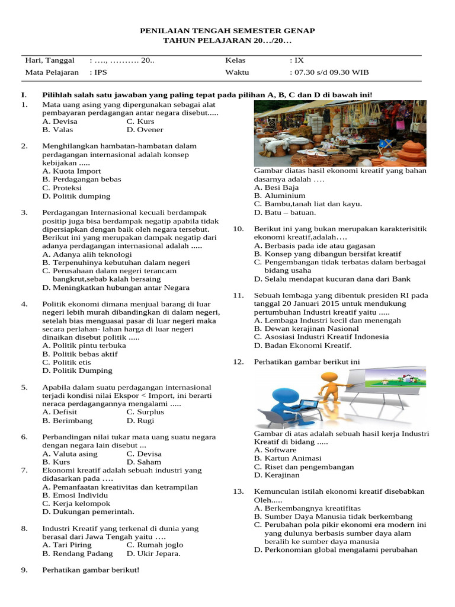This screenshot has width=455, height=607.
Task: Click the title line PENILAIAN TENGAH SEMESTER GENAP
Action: tap(227, 30)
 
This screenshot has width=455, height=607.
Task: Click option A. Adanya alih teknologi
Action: tap(87, 254)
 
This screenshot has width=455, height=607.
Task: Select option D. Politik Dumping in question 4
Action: tap(77, 370)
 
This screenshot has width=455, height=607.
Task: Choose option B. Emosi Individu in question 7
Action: tap(75, 495)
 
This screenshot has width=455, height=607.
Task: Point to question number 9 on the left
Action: tap(24, 570)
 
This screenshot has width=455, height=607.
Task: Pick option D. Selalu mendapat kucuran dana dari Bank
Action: tap(332, 279)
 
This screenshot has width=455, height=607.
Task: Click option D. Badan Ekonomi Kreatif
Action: tap(303, 345)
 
